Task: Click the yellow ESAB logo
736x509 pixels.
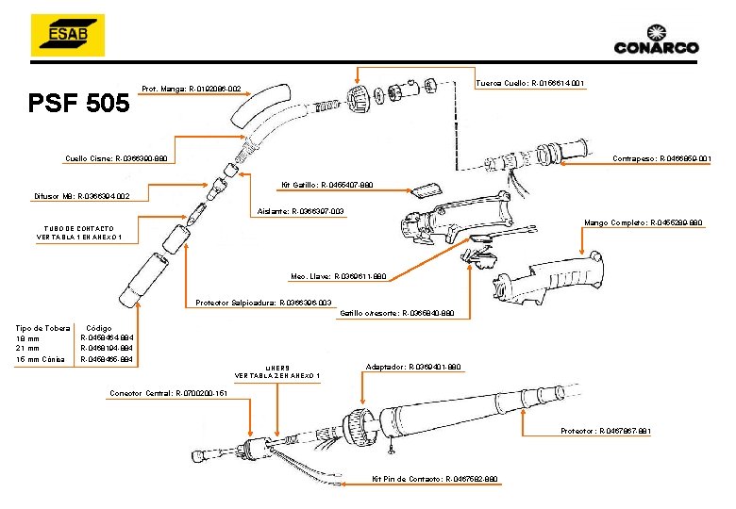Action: pyautogui.click(x=67, y=36)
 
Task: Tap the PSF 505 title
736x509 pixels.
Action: pyautogui.click(x=79, y=102)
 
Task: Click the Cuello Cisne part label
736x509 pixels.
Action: pyautogui.click(x=116, y=158)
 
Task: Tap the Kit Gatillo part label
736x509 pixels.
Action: pyautogui.click(x=326, y=185)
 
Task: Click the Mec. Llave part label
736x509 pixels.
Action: pyautogui.click(x=338, y=277)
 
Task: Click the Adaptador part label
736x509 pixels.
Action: pyautogui.click(x=412, y=366)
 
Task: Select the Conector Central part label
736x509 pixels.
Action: pyautogui.click(x=169, y=392)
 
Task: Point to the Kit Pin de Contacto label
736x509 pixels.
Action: pyautogui.click(x=434, y=479)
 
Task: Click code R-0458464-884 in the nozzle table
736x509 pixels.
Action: pyautogui.click(x=107, y=337)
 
